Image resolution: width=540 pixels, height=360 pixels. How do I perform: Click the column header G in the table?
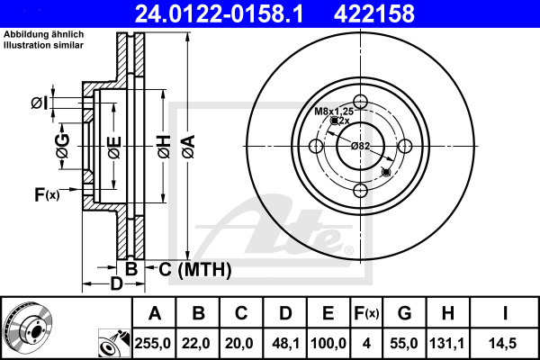(404, 313)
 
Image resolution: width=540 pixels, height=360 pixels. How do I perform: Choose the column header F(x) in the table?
(366, 313)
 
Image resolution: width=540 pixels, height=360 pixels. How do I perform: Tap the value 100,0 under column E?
(328, 342)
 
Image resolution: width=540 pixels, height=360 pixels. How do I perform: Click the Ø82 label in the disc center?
(360, 145)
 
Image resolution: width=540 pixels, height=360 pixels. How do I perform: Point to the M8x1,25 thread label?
(333, 111)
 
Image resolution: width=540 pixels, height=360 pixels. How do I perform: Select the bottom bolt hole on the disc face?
(360, 189)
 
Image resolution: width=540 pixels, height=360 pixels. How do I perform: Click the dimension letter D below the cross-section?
(115, 284)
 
